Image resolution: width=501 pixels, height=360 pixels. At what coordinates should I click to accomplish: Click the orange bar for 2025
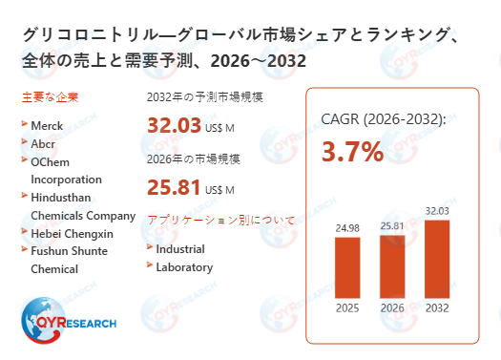pyautogui.click(x=347, y=266)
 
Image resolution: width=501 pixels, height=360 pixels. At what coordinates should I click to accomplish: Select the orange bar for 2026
pyautogui.click(x=392, y=265)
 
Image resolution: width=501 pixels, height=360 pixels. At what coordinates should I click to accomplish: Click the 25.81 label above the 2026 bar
pyautogui.click(x=392, y=223)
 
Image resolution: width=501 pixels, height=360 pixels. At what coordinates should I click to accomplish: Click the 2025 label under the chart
pyautogui.click(x=347, y=307)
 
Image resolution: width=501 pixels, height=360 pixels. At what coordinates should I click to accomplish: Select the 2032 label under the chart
pyautogui.click(x=437, y=307)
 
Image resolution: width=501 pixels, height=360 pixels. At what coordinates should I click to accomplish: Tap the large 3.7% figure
pyautogui.click(x=352, y=151)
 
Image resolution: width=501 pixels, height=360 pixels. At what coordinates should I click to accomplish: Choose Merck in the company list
pyautogui.click(x=48, y=124)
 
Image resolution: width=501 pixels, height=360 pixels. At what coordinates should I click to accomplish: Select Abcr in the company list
pyautogui.click(x=44, y=142)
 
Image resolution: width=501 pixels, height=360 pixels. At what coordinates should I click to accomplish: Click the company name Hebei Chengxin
pyautogui.click(x=73, y=233)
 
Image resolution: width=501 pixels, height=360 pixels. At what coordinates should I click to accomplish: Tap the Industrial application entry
pyautogui.click(x=180, y=249)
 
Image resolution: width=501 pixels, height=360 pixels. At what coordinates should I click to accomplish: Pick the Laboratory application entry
pyautogui.click(x=184, y=267)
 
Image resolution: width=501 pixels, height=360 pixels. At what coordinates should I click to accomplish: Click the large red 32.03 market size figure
pyautogui.click(x=174, y=125)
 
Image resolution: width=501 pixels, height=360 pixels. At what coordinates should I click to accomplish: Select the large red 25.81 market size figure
pyautogui.click(x=174, y=187)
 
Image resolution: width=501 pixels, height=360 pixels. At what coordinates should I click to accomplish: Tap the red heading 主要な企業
pyautogui.click(x=49, y=97)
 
